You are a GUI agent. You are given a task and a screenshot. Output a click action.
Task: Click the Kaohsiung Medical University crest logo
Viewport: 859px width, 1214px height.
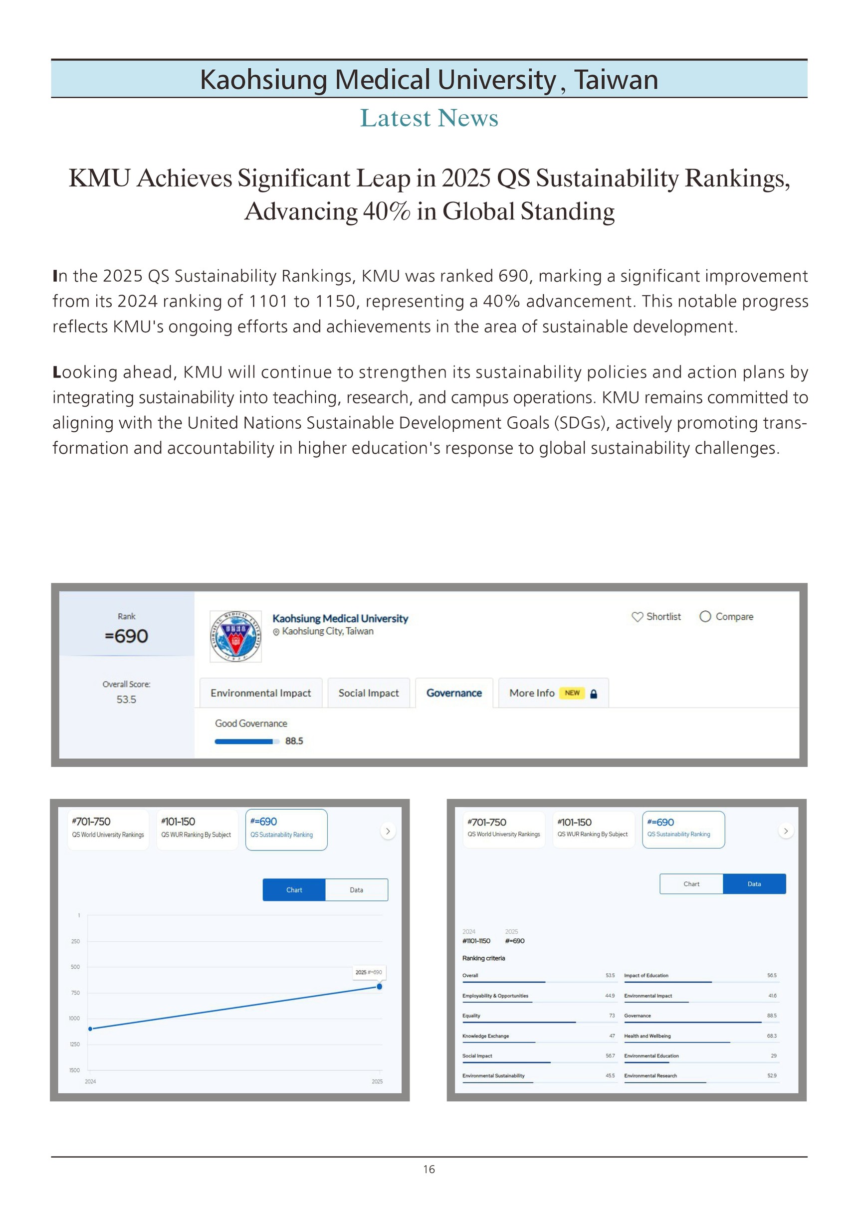[x=235, y=637]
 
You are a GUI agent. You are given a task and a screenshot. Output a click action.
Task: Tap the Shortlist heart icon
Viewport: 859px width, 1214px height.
[x=638, y=617]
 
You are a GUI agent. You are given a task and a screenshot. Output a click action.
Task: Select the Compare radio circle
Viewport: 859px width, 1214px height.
[x=705, y=617]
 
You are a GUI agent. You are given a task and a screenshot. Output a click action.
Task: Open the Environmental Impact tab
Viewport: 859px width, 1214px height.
[x=261, y=693]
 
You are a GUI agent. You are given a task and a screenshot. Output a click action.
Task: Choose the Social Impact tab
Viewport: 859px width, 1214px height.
[x=369, y=693]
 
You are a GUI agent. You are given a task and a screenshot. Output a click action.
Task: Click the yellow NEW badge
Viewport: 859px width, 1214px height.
[x=572, y=693]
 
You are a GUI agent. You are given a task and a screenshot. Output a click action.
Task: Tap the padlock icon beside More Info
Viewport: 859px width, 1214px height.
[x=594, y=694]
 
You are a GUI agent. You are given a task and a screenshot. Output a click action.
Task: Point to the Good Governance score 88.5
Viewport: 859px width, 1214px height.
[x=294, y=741]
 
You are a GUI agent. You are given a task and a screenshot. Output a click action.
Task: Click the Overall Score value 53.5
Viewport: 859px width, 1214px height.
[x=126, y=699]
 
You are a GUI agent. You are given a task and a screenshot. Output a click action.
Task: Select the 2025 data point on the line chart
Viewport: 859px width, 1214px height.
[x=379, y=987]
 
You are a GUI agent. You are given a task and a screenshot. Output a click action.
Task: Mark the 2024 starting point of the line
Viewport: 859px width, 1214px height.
[x=90, y=1029]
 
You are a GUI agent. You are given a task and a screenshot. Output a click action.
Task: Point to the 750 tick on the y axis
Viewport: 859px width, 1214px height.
[x=76, y=993]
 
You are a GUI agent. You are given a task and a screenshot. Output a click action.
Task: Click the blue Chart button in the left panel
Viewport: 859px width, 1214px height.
[x=294, y=890]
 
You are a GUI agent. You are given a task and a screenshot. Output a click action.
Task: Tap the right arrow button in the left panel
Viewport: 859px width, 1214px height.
[x=388, y=831]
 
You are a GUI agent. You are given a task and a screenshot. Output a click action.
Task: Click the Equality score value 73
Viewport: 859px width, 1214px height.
[x=612, y=1016]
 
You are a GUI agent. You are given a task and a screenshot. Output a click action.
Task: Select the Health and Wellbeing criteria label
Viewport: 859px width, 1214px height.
[x=647, y=1036]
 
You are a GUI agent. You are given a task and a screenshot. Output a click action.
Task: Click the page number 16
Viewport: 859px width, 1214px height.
[x=429, y=1169]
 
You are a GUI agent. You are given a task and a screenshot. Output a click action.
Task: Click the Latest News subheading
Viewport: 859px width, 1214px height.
[x=429, y=118]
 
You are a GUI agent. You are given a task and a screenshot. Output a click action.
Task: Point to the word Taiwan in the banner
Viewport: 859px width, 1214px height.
[x=616, y=80]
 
